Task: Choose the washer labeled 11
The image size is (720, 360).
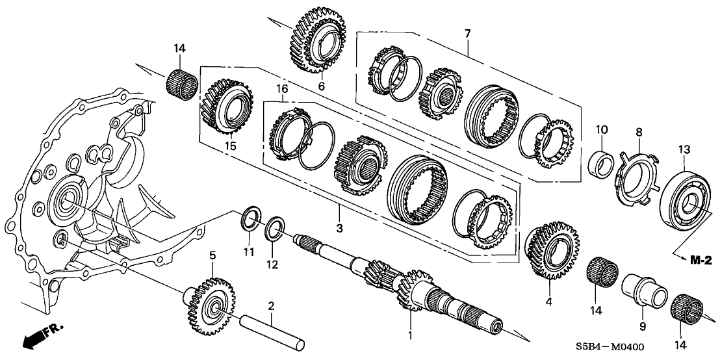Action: (x=250, y=219)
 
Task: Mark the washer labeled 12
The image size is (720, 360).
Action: (x=274, y=229)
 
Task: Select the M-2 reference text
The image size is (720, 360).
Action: (x=700, y=260)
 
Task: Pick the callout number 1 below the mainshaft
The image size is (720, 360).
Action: (x=409, y=336)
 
